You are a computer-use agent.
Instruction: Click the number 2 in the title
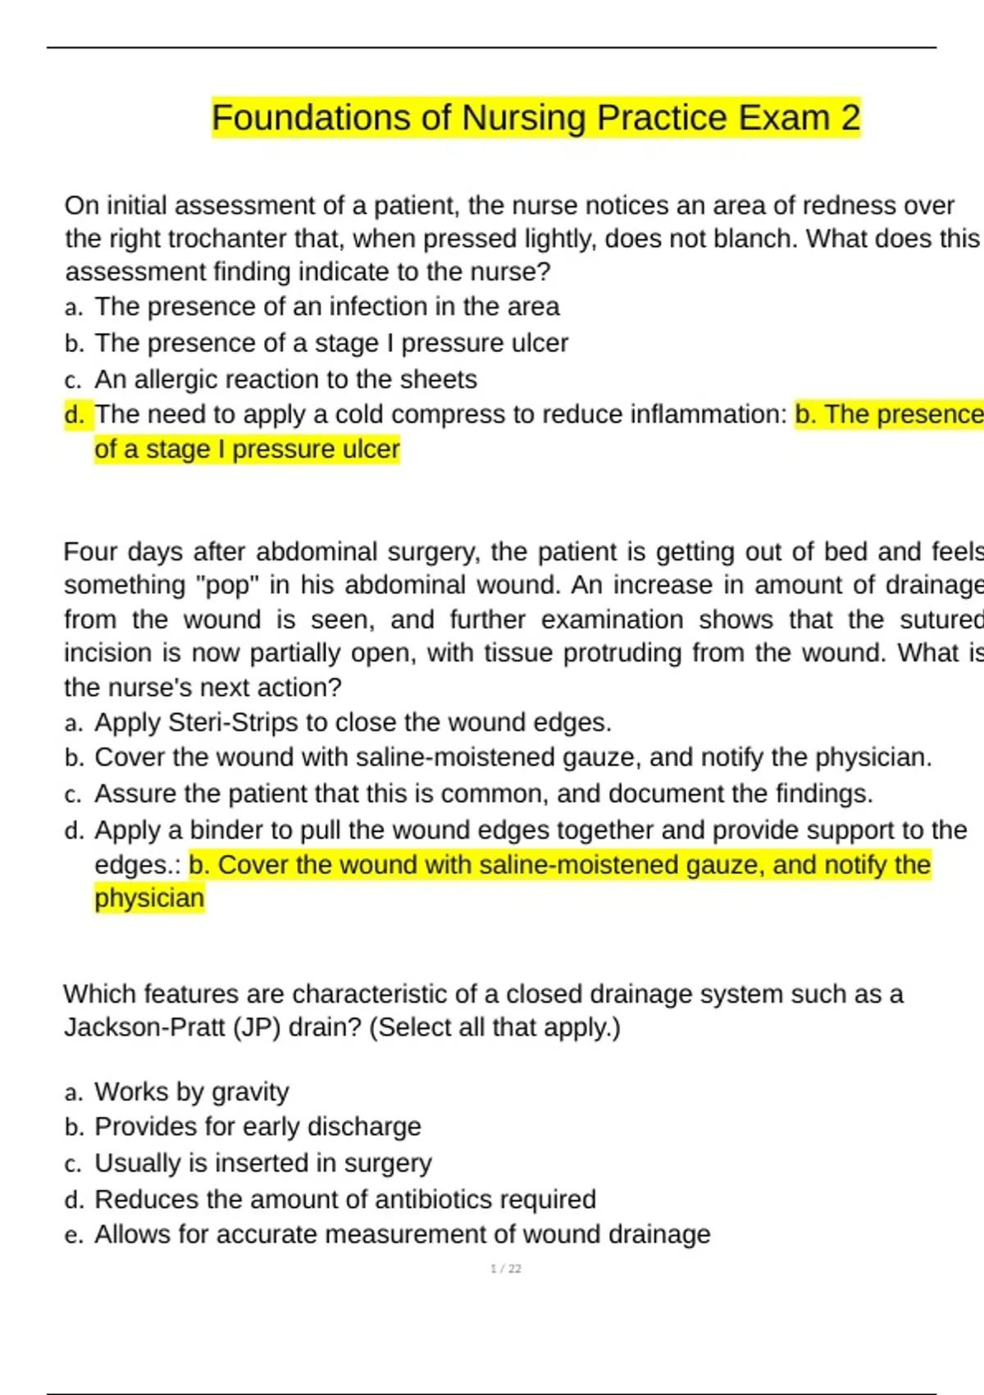(850, 118)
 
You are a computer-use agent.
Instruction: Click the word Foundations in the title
(312, 118)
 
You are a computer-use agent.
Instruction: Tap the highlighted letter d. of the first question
(75, 414)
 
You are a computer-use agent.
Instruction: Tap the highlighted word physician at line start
(149, 899)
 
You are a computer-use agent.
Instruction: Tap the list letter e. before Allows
(74, 1235)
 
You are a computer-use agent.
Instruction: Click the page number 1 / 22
(505, 1269)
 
